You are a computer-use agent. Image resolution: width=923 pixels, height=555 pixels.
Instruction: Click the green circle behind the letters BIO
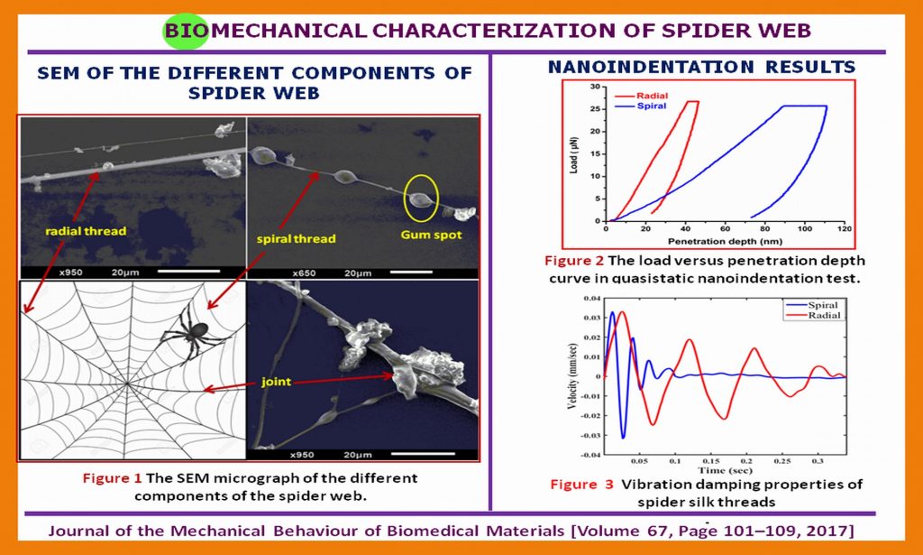coord(186,32)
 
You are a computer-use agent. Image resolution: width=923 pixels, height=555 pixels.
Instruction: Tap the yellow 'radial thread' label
coord(86,232)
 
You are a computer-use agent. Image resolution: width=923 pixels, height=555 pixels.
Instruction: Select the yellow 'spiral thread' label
coord(296,238)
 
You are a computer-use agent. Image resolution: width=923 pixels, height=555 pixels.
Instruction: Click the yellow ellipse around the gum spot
coord(421,198)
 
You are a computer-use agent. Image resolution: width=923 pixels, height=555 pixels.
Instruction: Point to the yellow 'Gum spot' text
coord(431,235)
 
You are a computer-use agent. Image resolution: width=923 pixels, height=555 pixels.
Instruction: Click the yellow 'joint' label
coord(276,382)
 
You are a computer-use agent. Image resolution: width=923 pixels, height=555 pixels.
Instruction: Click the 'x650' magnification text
coord(304,273)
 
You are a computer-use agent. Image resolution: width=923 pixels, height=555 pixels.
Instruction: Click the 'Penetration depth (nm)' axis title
coord(725,242)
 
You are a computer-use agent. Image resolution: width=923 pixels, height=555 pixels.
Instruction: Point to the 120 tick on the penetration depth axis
coord(844,229)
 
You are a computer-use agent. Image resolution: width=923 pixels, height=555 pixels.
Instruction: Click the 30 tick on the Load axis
coord(595,87)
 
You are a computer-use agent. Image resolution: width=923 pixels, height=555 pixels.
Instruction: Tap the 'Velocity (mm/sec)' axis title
coord(571,376)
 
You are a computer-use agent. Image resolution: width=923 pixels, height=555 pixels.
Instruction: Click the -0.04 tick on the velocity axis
coord(590,455)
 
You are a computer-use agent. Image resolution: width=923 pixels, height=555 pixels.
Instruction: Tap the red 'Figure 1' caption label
coord(113,477)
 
